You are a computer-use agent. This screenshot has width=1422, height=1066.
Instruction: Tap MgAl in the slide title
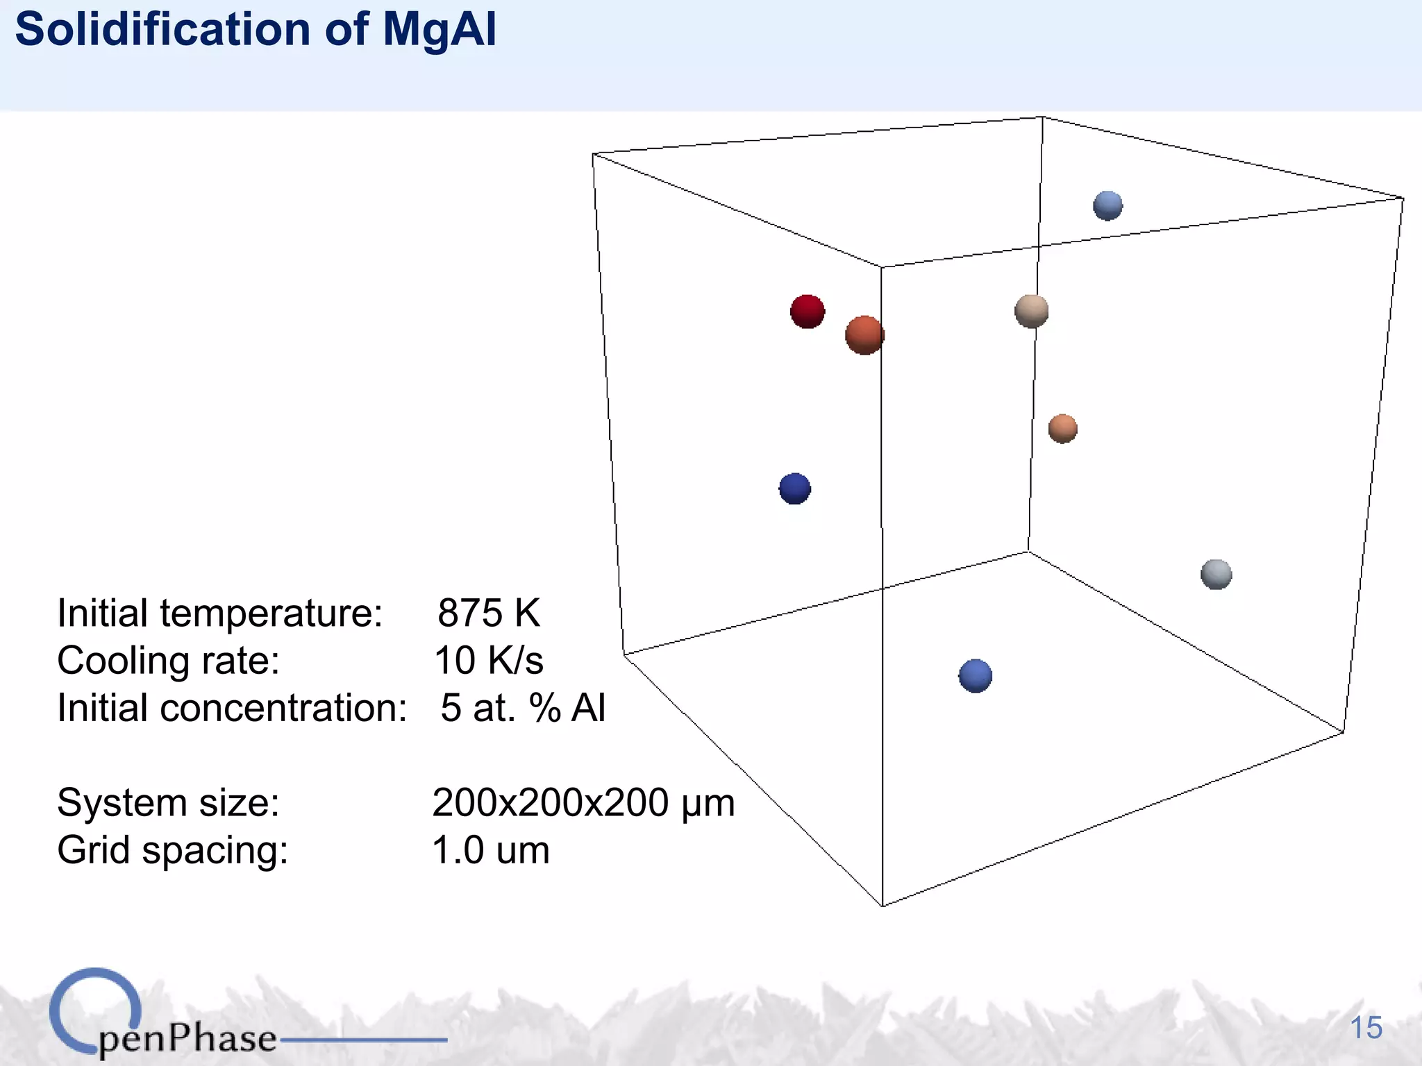click(440, 29)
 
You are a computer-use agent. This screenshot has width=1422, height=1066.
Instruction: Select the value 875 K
click(488, 613)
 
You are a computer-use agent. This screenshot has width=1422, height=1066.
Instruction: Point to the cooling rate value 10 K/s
click(488, 660)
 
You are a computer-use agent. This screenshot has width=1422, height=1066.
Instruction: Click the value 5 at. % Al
click(523, 708)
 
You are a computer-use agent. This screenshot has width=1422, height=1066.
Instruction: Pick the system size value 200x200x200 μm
click(583, 803)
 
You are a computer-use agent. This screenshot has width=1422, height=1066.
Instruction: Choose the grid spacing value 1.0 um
click(490, 850)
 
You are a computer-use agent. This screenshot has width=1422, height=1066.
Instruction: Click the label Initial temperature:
click(219, 613)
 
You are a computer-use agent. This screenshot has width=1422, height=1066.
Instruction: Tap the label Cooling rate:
click(168, 660)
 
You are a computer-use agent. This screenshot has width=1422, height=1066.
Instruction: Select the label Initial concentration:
click(232, 708)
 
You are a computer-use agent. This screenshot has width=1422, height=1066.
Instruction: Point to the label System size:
click(168, 803)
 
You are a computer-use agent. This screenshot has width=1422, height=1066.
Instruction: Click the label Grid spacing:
click(172, 850)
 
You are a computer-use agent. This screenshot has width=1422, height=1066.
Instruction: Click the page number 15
click(1366, 1028)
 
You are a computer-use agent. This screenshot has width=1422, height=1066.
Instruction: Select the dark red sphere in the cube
click(807, 311)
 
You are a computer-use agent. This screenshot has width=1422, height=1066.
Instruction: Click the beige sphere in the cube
click(1031, 310)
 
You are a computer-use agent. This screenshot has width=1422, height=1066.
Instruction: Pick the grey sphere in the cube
click(1216, 575)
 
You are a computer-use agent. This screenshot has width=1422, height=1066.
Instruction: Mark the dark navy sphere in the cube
click(794, 489)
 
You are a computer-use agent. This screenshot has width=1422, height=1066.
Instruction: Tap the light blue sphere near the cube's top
click(1107, 205)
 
